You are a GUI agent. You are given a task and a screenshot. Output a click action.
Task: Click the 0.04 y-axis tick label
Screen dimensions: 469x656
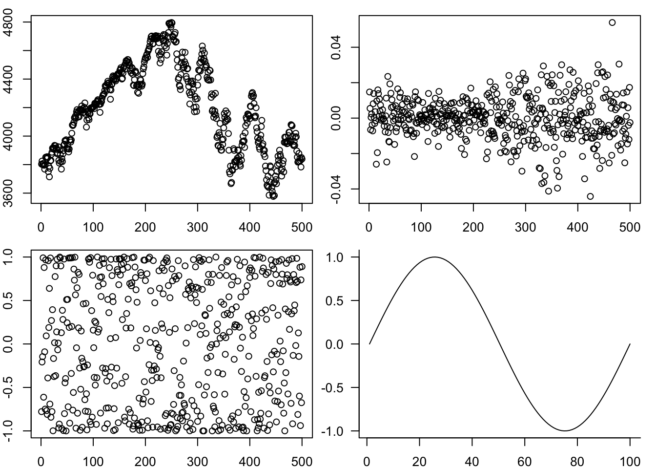point(336,47)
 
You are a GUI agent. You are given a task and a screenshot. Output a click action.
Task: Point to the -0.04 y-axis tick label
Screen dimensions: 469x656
point(336,189)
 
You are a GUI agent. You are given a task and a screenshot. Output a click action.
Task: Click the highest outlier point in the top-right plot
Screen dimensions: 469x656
point(612,22)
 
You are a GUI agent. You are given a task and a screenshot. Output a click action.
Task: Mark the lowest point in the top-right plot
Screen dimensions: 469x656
point(590,196)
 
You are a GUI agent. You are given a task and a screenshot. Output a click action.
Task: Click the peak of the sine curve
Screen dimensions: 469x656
point(434,257)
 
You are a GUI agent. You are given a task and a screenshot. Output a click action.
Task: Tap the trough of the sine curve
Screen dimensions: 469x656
point(565,430)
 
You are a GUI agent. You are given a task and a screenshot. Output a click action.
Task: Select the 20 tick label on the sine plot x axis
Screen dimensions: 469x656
point(419,461)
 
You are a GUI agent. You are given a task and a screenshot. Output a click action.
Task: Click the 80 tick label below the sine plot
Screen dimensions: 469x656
point(577,461)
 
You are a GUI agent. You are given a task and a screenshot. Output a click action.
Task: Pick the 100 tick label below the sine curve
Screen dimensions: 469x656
point(630,461)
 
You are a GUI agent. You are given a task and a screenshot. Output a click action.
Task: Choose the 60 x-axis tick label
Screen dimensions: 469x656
point(525,461)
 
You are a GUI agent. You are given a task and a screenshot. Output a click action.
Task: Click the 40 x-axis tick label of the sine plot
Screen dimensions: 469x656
point(472,461)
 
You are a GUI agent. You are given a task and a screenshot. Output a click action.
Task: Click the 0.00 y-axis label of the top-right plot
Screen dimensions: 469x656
point(336,118)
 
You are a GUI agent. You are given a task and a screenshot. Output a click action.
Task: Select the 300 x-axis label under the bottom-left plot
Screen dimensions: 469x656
point(197,461)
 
